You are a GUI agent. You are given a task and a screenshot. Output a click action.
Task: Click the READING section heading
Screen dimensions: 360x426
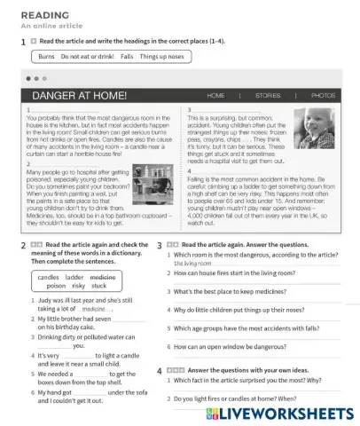(x=35, y=14)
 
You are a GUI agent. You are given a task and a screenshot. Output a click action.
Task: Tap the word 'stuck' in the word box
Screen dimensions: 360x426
(x=98, y=286)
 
